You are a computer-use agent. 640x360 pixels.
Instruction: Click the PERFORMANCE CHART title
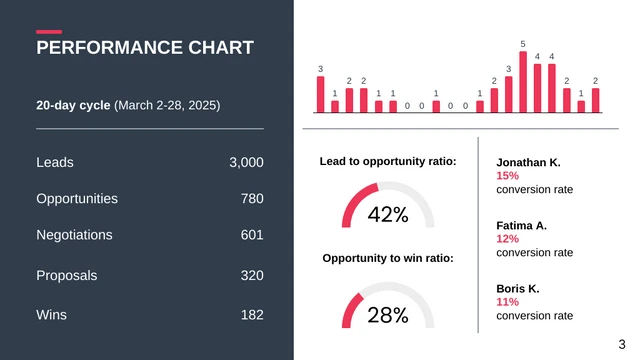coord(145,48)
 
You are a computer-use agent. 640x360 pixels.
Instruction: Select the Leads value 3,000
coord(246,162)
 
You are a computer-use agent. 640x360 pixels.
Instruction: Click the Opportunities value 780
coord(252,199)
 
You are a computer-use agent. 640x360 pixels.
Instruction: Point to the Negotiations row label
coord(74,235)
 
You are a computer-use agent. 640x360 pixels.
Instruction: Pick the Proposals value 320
coord(252,275)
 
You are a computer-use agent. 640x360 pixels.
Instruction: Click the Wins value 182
coord(252,315)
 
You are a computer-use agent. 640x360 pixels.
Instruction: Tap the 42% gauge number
coord(388,215)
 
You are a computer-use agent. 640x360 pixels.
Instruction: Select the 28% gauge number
coord(388,316)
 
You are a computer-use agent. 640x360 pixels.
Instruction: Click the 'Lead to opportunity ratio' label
coord(388,161)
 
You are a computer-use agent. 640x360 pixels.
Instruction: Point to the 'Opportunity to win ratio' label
coord(388,258)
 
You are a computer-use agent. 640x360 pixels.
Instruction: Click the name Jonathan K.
coord(528,162)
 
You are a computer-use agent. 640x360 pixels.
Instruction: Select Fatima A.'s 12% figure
coord(507,239)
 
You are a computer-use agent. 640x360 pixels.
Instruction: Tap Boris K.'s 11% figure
coord(507,302)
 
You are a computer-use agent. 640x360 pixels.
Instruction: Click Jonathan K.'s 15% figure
coord(507,175)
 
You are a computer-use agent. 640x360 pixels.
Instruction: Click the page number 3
coord(622,341)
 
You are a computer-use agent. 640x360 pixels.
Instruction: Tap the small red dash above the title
coord(49,32)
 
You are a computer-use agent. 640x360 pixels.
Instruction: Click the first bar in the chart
coord(321,95)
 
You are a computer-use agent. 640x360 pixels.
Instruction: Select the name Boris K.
coord(518,289)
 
